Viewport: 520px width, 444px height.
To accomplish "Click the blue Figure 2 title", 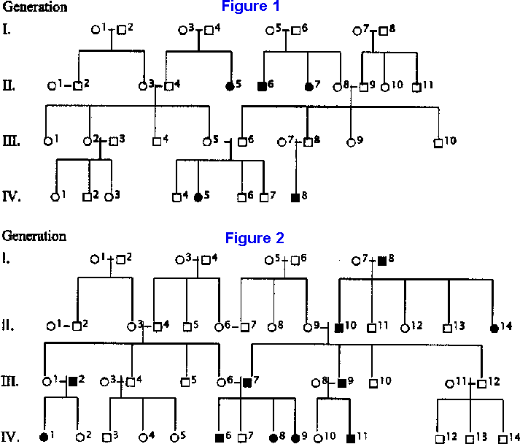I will coord(255,238).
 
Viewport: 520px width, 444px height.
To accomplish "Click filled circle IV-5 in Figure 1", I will coord(198,197).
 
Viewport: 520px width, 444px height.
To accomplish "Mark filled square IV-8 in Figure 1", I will coord(295,197).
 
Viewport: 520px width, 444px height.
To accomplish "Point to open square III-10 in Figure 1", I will coord(438,142).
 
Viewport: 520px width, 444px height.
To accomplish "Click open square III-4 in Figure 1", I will coord(156,142).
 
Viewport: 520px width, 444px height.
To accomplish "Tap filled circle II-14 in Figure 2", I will coord(496,326).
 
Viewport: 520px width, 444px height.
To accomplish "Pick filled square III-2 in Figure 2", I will coord(72,381).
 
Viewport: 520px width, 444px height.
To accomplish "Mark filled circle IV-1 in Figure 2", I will coord(46,437).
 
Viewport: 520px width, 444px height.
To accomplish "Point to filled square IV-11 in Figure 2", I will coord(351,438).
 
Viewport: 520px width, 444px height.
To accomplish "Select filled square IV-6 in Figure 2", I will coord(220,438).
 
